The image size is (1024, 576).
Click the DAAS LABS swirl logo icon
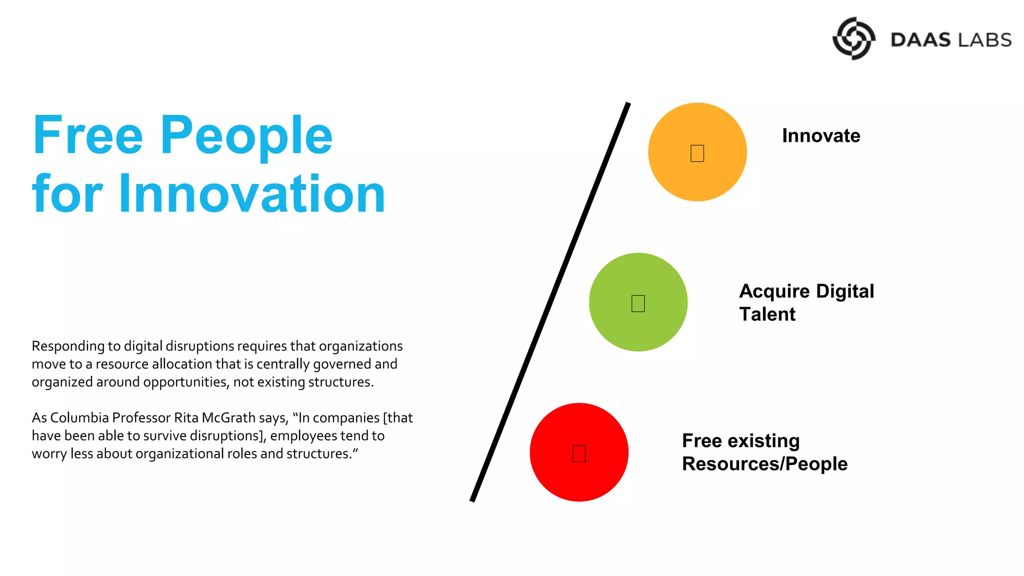[853, 38]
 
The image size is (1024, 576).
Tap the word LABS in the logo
[983, 40]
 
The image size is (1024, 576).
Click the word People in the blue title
[246, 136]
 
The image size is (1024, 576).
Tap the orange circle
[720, 170]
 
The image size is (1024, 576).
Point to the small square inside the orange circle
[697, 153]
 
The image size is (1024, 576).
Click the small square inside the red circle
[579, 453]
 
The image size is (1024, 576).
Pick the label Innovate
[821, 136]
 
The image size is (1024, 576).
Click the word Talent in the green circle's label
[767, 314]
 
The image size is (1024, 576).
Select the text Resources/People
[764, 464]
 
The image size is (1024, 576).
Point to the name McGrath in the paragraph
[228, 418]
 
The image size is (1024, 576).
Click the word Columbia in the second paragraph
[79, 418]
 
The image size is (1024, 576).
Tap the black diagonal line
[550, 302]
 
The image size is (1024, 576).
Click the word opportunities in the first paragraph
[185, 382]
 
